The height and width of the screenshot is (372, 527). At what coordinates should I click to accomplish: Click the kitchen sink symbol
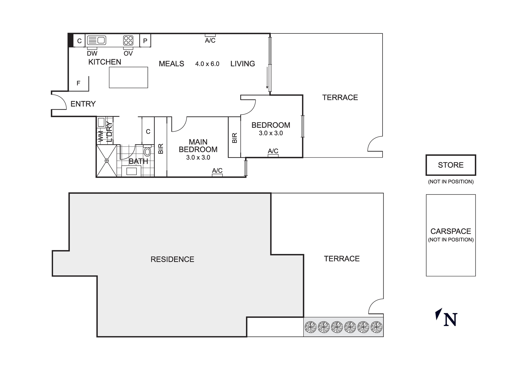coord(96,41)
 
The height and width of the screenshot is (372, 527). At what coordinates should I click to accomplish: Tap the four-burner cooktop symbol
coord(128,41)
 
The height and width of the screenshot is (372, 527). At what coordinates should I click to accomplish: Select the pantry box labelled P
coord(145,41)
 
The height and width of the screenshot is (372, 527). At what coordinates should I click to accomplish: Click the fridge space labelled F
coord(78,83)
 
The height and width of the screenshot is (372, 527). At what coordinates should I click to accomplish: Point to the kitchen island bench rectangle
coord(128,77)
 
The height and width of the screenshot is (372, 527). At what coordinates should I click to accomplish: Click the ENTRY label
coord(83,104)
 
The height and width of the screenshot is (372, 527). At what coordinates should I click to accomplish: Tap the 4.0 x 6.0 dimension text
coord(207,64)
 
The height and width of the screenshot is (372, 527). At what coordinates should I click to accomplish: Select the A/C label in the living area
coord(210,41)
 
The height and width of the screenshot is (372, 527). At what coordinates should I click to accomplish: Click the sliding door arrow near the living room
coord(267,78)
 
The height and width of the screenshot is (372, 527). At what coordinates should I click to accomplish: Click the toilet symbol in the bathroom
coord(147,152)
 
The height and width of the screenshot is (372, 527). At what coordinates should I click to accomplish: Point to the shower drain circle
coord(107,161)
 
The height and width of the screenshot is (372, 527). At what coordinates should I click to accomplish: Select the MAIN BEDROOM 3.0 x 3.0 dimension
coord(198,157)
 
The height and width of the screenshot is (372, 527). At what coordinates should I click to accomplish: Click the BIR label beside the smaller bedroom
coord(235,138)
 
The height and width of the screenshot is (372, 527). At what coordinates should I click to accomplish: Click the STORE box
coord(451,165)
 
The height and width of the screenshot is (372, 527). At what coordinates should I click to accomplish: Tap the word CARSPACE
coord(451,231)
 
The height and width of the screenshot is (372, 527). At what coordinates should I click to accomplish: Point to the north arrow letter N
coord(450,320)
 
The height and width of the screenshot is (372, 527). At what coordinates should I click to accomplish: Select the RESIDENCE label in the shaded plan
coord(172,259)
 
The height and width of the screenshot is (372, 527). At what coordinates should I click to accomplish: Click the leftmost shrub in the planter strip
coord(310,327)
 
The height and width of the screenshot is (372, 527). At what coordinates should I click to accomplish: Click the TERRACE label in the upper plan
coord(340,98)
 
